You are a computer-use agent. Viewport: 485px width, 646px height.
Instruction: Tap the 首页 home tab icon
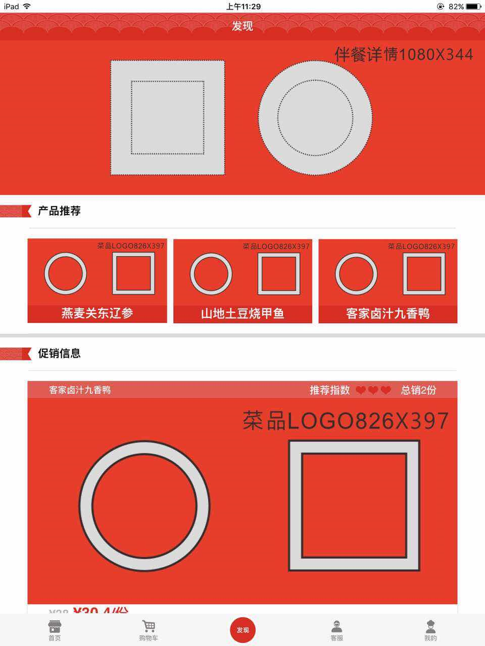pyautogui.click(x=54, y=627)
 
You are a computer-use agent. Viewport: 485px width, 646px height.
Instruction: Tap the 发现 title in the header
pyautogui.click(x=243, y=26)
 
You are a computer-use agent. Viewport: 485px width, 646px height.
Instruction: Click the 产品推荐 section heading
pyautogui.click(x=59, y=211)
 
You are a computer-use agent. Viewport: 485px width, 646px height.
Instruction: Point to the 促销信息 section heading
pyautogui.click(x=59, y=353)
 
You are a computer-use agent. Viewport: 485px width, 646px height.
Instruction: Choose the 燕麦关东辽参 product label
pyautogui.click(x=97, y=313)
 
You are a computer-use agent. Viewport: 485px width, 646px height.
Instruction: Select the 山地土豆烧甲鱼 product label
pyautogui.click(x=243, y=313)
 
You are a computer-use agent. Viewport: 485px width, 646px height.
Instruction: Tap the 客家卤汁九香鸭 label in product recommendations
pyautogui.click(x=387, y=313)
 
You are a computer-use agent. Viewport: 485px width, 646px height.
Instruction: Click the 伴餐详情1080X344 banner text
pyautogui.click(x=404, y=55)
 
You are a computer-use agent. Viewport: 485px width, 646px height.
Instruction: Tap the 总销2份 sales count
pyautogui.click(x=418, y=390)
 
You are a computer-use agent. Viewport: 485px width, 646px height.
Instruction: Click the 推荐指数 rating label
pyautogui.click(x=329, y=390)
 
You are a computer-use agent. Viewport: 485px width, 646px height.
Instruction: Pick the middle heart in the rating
pyautogui.click(x=373, y=390)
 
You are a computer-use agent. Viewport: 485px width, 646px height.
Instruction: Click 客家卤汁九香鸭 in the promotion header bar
pyautogui.click(x=80, y=390)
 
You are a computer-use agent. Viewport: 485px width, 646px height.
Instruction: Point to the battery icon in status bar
pyautogui.click(x=473, y=7)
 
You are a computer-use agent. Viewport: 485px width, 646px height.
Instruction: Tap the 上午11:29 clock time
pyautogui.click(x=243, y=7)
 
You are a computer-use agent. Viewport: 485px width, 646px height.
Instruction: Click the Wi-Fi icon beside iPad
pyautogui.click(x=27, y=7)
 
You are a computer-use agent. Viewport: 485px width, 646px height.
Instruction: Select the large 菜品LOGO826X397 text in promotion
pyautogui.click(x=346, y=421)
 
